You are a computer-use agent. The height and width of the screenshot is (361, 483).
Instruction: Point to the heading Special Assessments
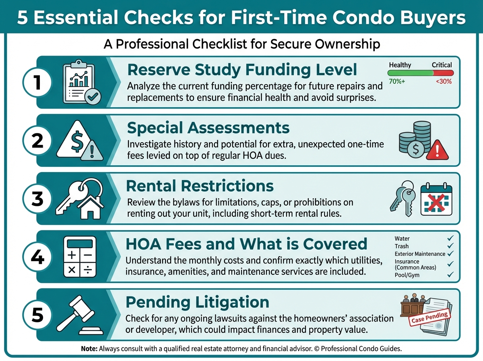coord(208,128)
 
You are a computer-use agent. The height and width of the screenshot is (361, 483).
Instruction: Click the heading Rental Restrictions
coord(200,186)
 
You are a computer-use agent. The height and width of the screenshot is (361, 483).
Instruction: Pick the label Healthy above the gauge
coord(400,65)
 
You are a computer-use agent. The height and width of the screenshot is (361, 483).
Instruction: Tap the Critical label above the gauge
coord(442,65)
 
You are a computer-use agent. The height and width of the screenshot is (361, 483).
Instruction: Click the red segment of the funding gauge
coord(444,73)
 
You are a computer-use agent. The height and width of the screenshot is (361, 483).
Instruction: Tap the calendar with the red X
coord(436,199)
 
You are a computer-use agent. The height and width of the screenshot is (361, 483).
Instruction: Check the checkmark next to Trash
coord(450,246)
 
